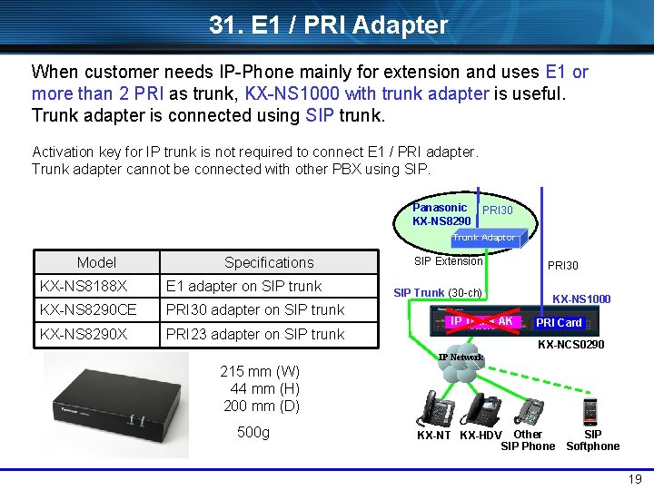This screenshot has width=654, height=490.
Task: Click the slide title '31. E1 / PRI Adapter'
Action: click(328, 24)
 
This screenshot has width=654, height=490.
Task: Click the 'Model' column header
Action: click(96, 262)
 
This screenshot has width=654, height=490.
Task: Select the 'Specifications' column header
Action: click(269, 262)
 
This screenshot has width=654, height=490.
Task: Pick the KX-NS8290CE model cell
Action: click(87, 309)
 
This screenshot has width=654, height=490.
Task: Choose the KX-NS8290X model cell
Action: click(83, 334)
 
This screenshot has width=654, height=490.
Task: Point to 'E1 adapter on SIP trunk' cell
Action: click(243, 286)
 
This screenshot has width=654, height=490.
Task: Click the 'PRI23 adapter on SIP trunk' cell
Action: click(254, 334)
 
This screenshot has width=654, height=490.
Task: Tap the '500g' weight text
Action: click(253, 432)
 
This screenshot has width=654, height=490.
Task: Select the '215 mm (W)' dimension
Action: click(260, 371)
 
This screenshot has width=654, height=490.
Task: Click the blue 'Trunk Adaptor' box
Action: click(484, 238)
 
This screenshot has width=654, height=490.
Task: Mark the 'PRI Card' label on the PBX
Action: click(559, 322)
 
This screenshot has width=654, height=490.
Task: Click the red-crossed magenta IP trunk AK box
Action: click(481, 321)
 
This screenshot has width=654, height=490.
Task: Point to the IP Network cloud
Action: click(461, 362)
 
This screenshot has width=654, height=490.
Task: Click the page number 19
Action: click(635, 478)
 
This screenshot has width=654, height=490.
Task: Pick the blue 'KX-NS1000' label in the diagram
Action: click(581, 299)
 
